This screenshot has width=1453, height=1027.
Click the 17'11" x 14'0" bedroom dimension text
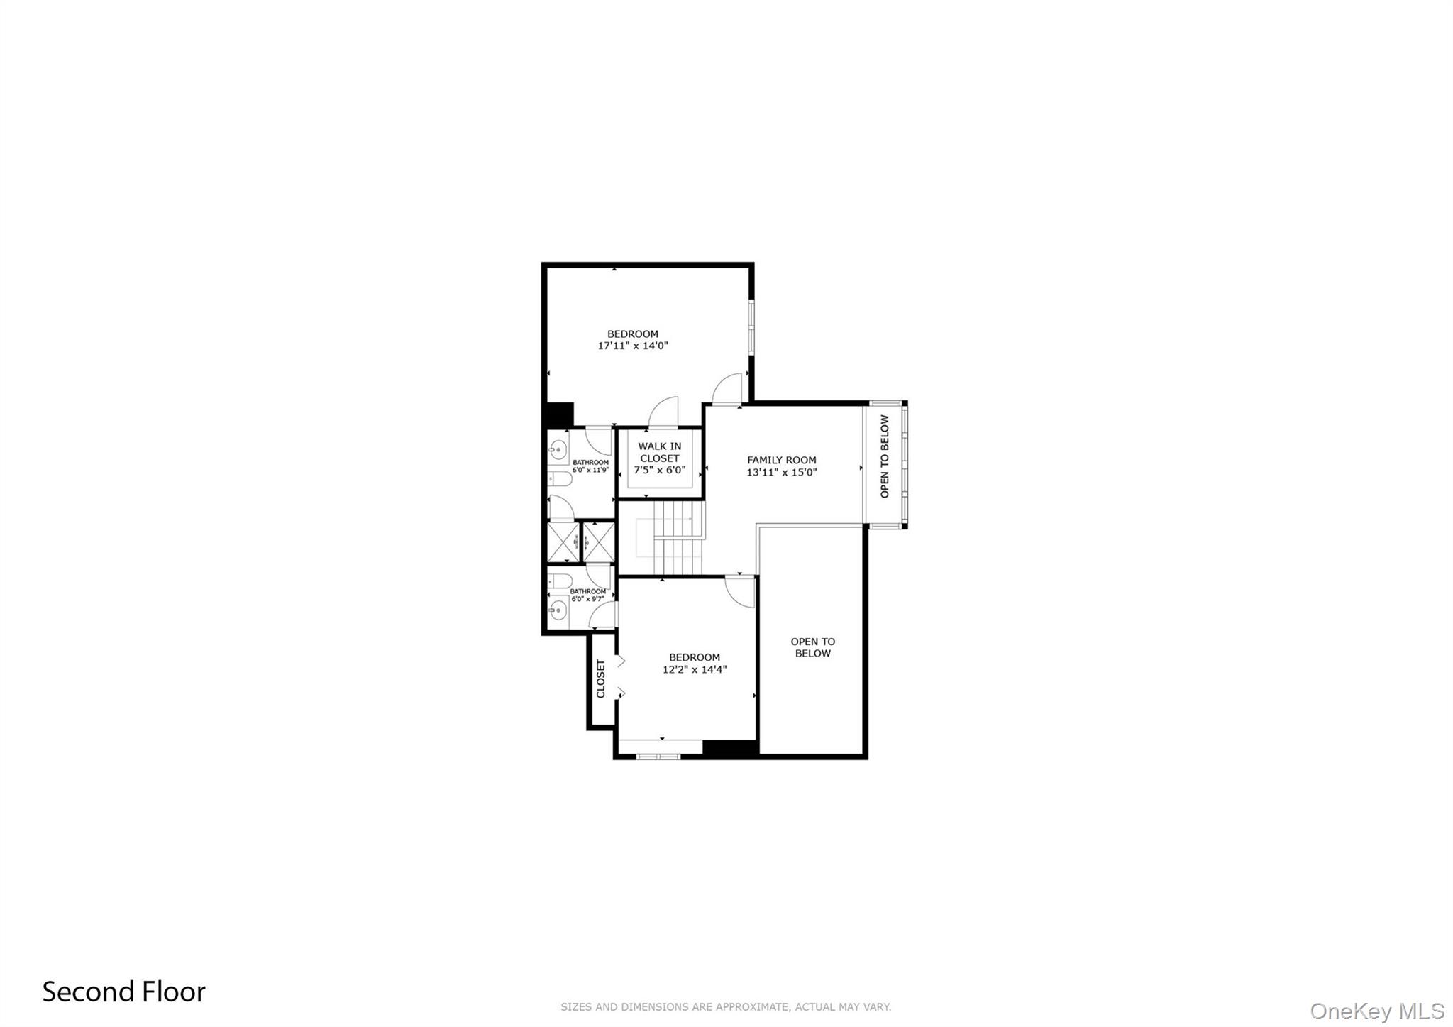tap(633, 346)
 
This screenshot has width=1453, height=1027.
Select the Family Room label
tap(781, 460)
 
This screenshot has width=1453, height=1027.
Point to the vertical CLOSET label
tap(601, 679)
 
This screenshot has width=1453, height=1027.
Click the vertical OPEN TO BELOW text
tap(884, 456)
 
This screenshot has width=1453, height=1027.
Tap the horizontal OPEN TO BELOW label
tap(812, 647)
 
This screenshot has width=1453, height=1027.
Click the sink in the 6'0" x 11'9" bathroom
tap(558, 448)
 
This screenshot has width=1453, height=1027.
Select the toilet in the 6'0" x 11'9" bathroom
tap(560, 480)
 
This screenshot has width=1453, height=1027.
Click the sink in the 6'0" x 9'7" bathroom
tap(558, 609)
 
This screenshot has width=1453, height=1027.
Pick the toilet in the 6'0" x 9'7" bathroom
tap(560, 581)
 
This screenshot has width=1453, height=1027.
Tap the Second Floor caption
tap(123, 992)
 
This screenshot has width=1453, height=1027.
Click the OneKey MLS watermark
tap(1377, 1011)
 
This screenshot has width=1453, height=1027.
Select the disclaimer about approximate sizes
tap(725, 1006)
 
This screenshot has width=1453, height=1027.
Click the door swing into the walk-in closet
tap(664, 412)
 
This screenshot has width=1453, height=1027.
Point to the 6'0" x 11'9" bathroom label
tap(590, 466)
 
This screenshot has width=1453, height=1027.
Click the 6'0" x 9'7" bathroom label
tap(588, 595)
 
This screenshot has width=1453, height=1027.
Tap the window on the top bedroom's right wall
tap(751, 326)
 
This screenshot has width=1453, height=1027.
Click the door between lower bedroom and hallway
tap(740, 591)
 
